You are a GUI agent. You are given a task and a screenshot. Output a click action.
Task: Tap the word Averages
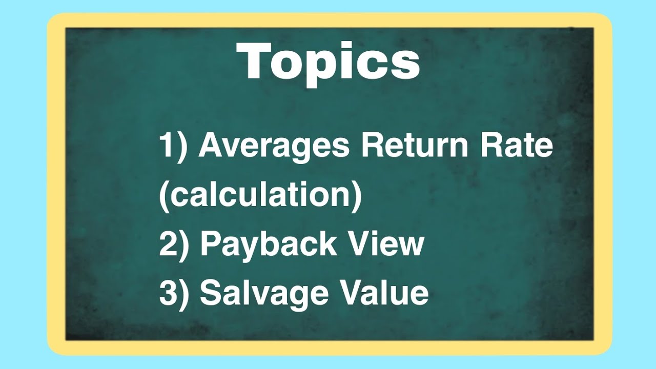(274, 146)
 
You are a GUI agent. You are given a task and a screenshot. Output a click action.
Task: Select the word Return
(415, 146)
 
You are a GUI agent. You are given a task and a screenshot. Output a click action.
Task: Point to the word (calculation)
(260, 195)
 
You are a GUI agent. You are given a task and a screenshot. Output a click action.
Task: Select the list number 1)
(174, 147)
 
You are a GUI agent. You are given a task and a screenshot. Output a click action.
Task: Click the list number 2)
(174, 244)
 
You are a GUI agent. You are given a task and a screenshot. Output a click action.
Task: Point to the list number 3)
(174, 293)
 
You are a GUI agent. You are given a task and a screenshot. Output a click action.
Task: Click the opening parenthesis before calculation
(163, 196)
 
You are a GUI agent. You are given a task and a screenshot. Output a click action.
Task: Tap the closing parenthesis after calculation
(357, 196)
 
